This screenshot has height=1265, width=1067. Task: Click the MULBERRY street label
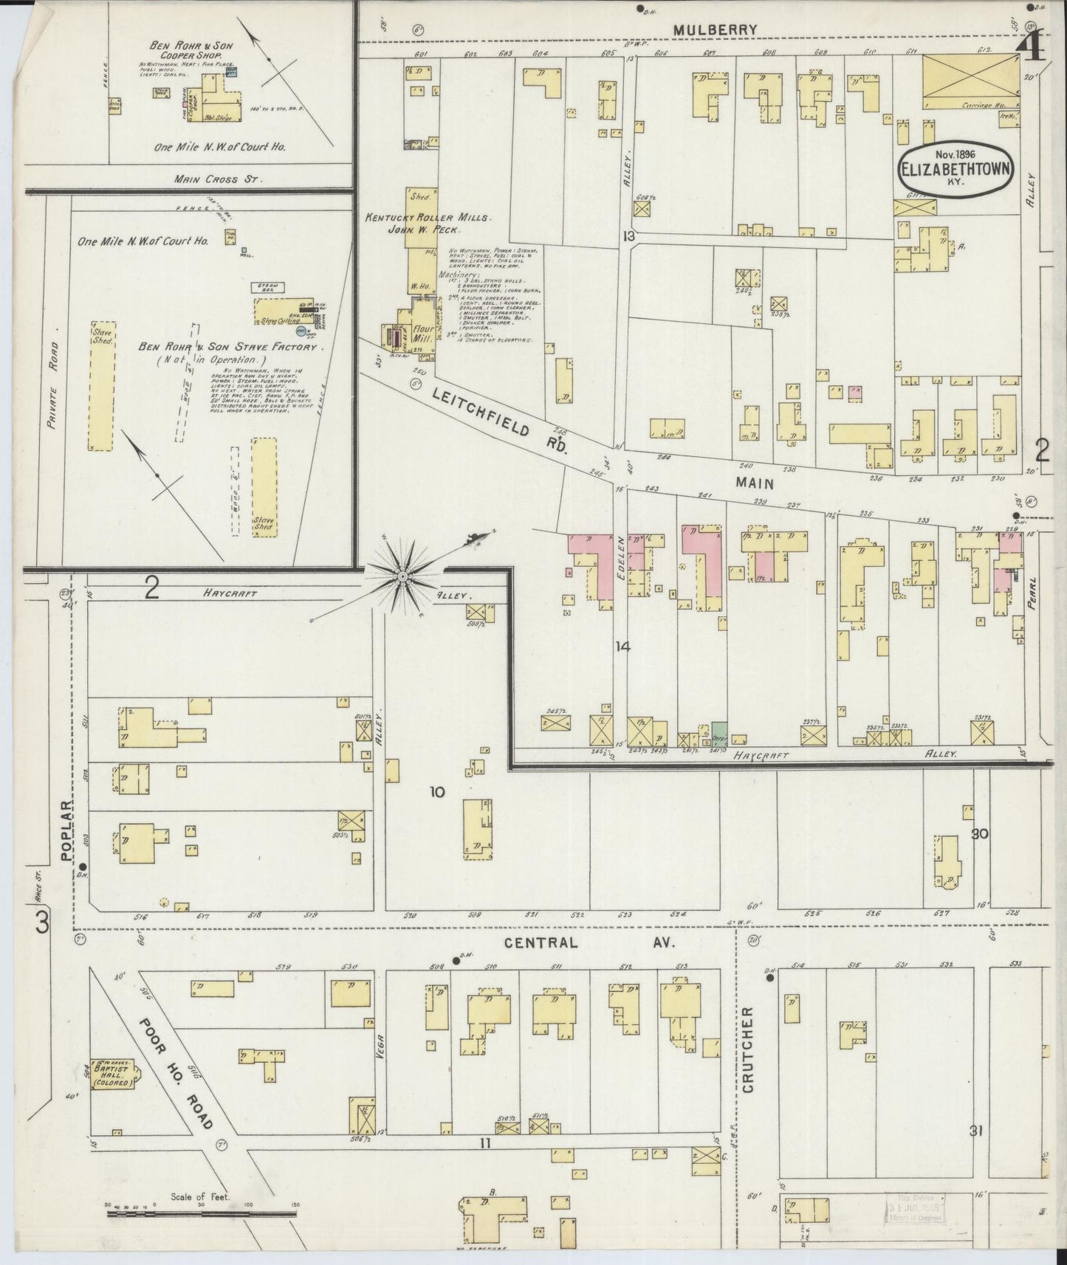tap(716, 30)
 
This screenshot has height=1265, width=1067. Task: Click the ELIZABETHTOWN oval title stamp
tap(954, 168)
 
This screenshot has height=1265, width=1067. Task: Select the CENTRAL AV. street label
tap(591, 942)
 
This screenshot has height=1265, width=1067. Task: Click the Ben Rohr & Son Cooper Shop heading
tap(191, 49)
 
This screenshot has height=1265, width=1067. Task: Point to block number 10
tap(437, 792)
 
